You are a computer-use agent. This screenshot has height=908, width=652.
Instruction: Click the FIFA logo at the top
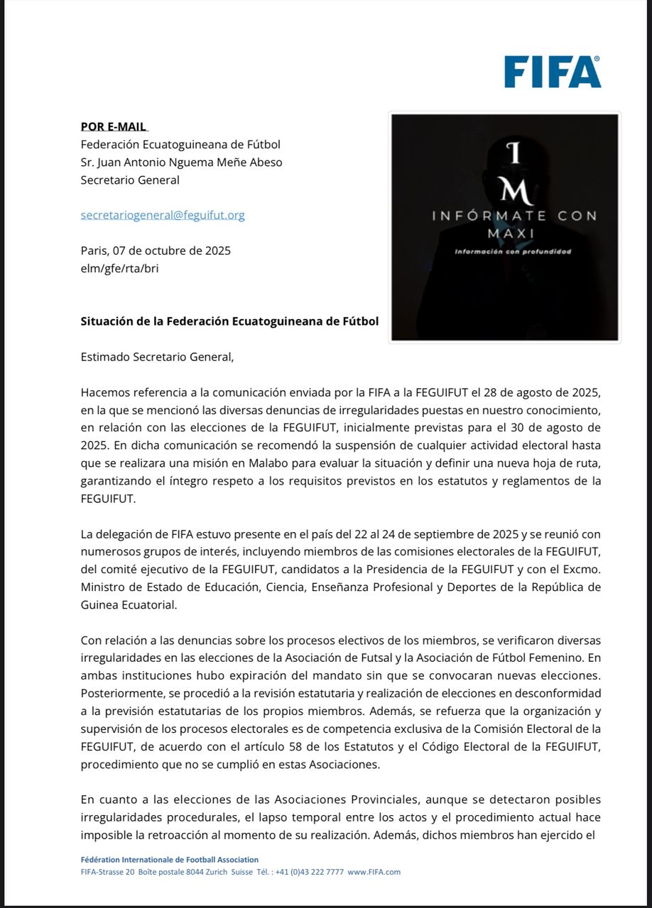tap(553, 72)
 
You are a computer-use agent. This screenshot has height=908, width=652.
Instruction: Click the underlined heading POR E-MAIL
tap(114, 127)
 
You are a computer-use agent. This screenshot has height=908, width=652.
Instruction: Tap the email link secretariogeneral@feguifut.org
tap(163, 215)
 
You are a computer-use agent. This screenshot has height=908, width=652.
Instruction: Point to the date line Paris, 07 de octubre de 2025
tap(156, 250)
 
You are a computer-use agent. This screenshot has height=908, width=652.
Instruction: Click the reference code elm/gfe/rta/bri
tap(119, 268)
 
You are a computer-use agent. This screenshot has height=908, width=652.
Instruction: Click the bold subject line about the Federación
tap(229, 321)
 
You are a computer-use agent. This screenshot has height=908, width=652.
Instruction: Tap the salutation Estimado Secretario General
tap(157, 357)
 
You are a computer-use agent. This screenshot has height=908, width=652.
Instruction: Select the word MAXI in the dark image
tap(505, 233)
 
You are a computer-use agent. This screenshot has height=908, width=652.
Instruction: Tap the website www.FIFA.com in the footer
tap(374, 872)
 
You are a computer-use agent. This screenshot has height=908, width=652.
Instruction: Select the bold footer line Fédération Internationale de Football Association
tap(170, 860)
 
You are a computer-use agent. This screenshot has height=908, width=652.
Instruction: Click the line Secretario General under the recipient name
tap(130, 180)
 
